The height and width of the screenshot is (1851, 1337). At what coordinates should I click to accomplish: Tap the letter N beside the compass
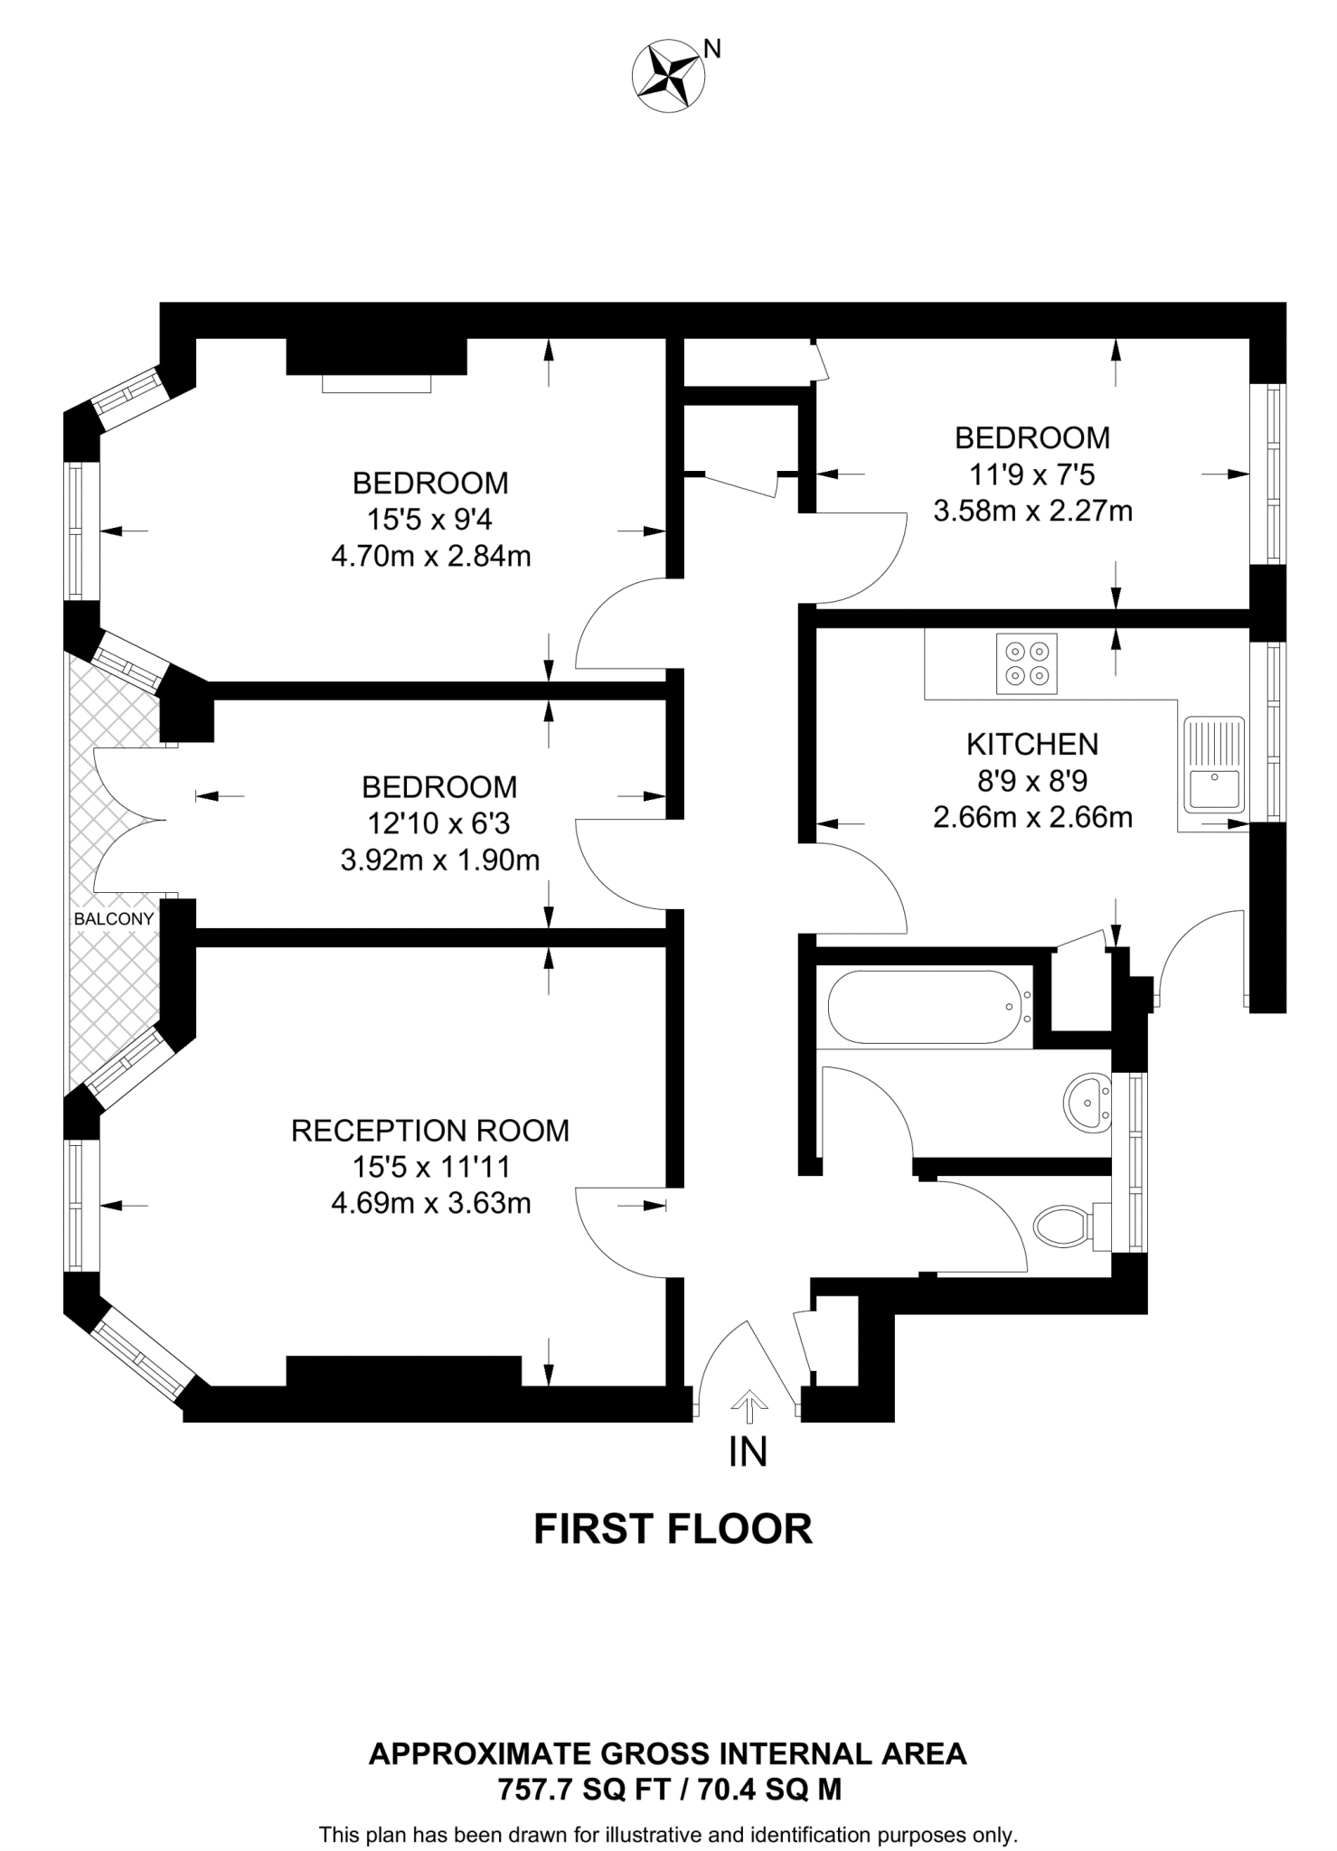712,49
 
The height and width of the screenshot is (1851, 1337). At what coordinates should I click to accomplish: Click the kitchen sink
1214,764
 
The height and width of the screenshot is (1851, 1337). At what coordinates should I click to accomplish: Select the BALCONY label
114,919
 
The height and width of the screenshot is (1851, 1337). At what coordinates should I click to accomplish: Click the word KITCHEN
1032,744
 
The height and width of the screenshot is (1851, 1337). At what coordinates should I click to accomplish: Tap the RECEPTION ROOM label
430,1131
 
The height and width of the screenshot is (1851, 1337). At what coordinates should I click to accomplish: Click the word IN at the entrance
749,1452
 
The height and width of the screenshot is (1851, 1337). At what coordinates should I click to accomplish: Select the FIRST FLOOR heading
673,1529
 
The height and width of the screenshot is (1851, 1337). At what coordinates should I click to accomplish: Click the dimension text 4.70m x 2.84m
431,556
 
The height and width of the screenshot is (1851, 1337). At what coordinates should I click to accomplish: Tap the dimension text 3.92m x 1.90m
440,860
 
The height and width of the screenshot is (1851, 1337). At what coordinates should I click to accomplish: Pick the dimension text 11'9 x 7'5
1032,474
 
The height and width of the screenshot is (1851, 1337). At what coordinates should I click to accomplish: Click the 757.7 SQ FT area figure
574,1789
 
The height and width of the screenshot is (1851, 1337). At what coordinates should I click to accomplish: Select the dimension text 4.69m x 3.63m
431,1203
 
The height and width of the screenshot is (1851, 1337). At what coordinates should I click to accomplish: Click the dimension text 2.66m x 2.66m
1032,817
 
